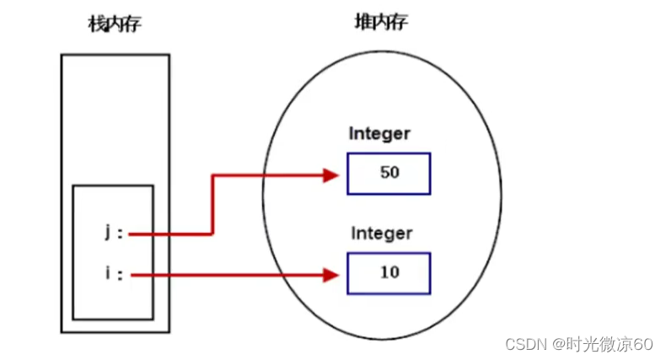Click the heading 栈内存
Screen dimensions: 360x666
pyautogui.click(x=115, y=24)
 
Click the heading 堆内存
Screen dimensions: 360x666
pyautogui.click(x=381, y=22)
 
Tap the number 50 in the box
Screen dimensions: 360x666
pyautogui.click(x=389, y=173)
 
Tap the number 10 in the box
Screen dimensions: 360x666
pyautogui.click(x=389, y=273)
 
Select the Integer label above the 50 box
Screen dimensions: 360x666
pyautogui.click(x=380, y=133)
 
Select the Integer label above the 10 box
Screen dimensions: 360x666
pyautogui.click(x=382, y=233)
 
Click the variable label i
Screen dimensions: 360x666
pyautogui.click(x=109, y=274)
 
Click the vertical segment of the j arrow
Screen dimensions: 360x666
pyautogui.click(x=212, y=205)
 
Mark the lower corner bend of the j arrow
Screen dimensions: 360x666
pyautogui.click(x=212, y=234)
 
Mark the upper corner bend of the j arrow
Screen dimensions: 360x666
pyautogui.click(x=212, y=175)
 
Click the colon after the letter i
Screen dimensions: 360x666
pyautogui.click(x=120, y=275)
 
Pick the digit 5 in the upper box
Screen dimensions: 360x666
pyautogui.click(x=384, y=173)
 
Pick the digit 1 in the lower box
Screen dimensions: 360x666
pyautogui.click(x=384, y=273)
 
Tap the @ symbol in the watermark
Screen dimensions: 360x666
pyautogui.click(x=558, y=343)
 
